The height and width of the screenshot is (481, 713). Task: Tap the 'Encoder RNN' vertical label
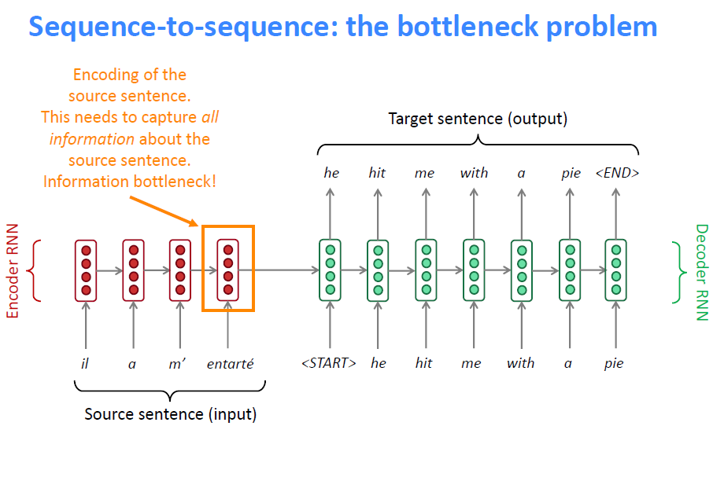(13, 271)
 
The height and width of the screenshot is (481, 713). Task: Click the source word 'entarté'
(230, 363)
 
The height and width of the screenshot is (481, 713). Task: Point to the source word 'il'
(85, 363)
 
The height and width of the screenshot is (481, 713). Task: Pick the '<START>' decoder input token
(329, 363)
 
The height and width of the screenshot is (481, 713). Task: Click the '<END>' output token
(617, 173)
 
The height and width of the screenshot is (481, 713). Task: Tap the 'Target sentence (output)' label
(478, 119)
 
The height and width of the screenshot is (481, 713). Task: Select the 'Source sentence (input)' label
(170, 413)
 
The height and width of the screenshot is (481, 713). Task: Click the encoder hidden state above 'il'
(86, 270)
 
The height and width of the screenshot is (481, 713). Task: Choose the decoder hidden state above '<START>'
(330, 270)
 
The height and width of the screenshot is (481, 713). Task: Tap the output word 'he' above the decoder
(331, 173)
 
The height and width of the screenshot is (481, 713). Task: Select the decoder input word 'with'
(520, 363)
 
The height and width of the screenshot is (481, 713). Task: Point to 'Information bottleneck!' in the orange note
(130, 182)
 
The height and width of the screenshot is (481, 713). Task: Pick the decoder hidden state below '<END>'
(615, 270)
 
